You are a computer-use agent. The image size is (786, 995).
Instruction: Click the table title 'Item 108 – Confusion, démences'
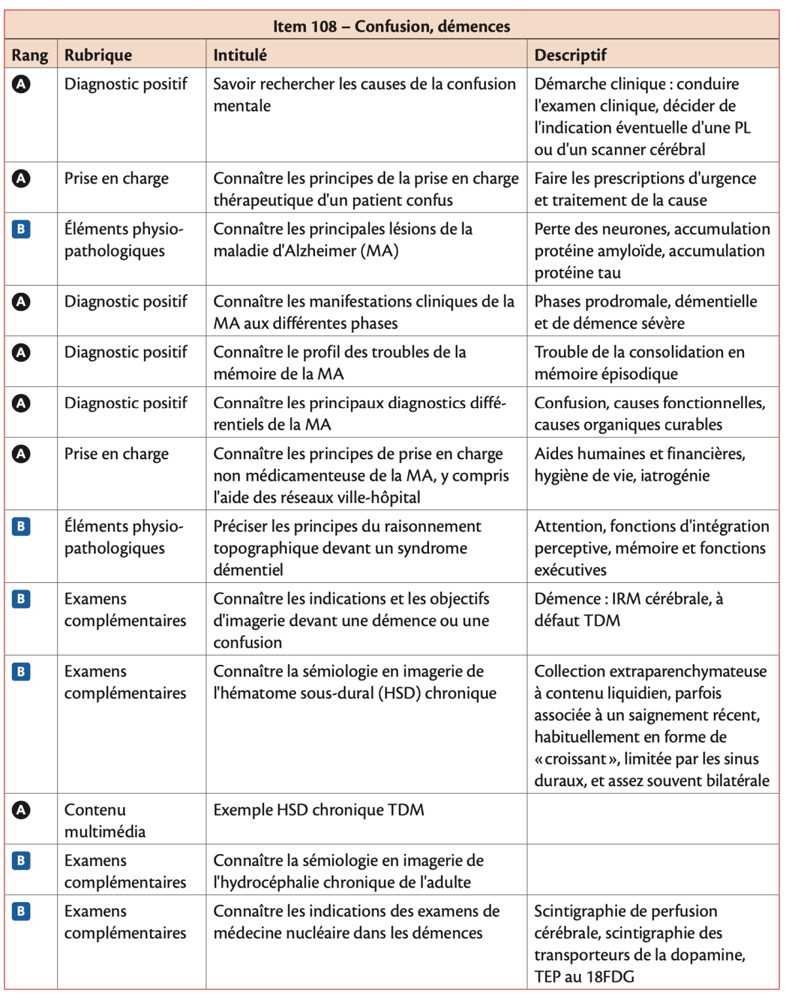coord(391,26)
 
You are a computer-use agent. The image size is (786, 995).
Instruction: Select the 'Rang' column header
coord(30,55)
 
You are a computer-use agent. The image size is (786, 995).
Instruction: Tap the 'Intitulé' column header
coord(240,55)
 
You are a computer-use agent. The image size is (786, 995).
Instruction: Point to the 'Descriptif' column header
coord(570,55)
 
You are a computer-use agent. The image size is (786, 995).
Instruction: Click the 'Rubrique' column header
coord(98,55)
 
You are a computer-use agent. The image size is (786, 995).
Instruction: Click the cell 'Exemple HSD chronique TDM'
coord(318,810)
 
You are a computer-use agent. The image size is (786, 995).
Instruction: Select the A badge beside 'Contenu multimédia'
coord(21,810)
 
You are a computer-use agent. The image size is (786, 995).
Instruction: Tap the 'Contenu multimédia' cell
coord(105,820)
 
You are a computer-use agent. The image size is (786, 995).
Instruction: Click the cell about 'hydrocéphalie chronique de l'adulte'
coord(348,871)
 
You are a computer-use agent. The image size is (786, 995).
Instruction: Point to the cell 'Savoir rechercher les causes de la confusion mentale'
coord(364,94)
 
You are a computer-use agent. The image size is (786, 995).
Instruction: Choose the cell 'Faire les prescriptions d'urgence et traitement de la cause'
coord(645,189)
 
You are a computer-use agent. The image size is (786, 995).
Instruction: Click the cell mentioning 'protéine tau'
coord(651,251)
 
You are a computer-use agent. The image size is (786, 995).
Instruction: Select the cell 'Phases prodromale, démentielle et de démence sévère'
coord(645,312)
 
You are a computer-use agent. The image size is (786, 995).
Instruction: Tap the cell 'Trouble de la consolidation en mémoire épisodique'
coord(639,362)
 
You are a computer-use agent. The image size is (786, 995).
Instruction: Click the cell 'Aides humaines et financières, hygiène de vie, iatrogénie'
coord(639,464)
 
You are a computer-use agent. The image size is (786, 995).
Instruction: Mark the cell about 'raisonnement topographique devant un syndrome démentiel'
coord(347,548)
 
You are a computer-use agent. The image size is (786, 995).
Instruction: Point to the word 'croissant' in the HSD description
coord(576,759)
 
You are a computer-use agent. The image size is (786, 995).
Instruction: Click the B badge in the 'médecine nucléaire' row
coord(21,911)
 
